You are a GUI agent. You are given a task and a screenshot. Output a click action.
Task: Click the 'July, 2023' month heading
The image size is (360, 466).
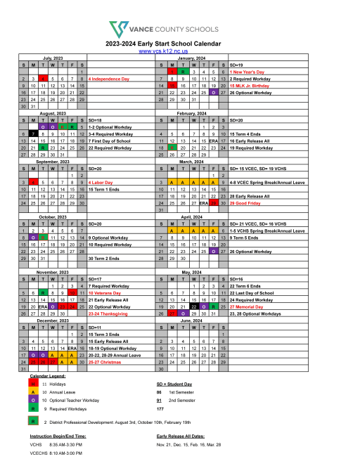click(53, 58)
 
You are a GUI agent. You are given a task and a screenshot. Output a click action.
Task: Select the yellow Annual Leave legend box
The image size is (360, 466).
click(33, 397)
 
